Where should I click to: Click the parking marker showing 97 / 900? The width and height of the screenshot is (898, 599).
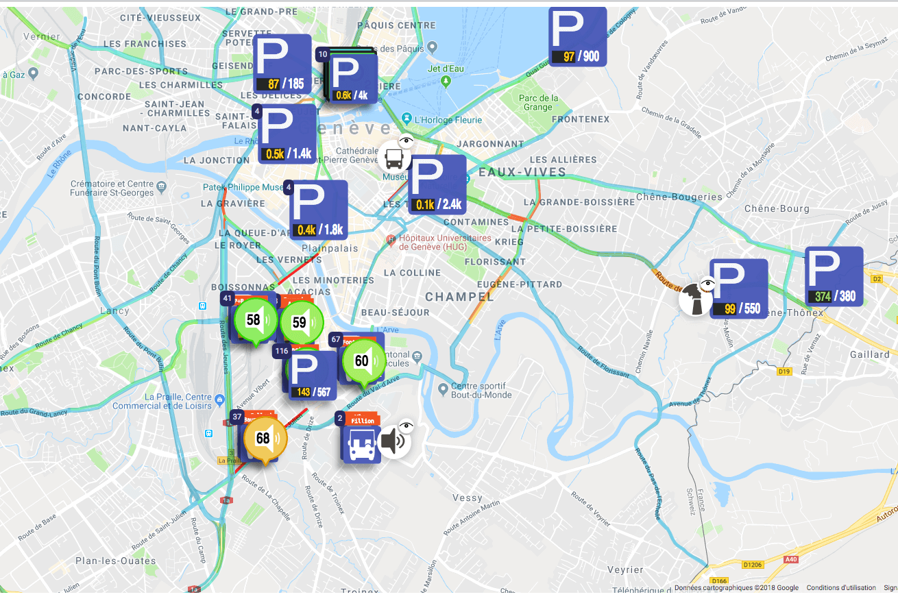coord(578,36)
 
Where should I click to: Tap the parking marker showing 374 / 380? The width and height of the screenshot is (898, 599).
coord(833,276)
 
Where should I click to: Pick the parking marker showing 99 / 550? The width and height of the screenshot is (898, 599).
coord(738,289)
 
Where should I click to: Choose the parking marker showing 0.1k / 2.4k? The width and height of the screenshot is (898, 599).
coord(437,184)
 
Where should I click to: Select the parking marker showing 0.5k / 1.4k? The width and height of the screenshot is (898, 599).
coord(287,134)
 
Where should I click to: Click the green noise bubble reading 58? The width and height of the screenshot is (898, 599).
coord(254,320)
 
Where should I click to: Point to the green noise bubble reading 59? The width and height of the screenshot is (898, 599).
coord(300,321)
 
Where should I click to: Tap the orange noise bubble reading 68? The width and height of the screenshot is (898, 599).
coord(263,439)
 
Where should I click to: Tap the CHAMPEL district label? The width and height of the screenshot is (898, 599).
coord(459,297)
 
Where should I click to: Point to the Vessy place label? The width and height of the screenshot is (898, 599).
coord(468,498)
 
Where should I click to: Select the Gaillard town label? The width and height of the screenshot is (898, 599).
coord(869,354)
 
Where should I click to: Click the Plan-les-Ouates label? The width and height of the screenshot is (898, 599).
coord(106,561)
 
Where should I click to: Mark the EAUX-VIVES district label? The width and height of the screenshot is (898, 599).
coord(513,172)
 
